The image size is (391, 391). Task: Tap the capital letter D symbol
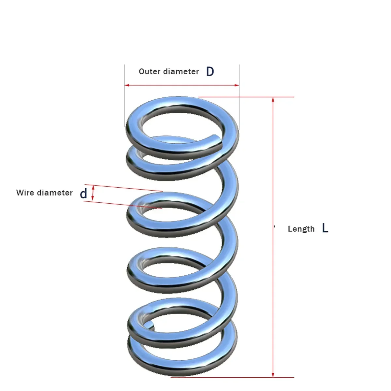pyautogui.click(x=210, y=71)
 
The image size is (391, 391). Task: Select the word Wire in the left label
pyautogui.click(x=25, y=193)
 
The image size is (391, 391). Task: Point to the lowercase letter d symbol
pyautogui.click(x=84, y=194)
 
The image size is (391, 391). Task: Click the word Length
pyautogui.click(x=301, y=229)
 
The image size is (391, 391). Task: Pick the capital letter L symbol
pyautogui.click(x=325, y=228)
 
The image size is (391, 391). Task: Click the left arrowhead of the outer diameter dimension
pyautogui.click(x=127, y=85)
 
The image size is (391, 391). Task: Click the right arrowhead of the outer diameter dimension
pyautogui.click(x=237, y=85)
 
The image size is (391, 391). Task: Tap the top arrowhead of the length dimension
pyautogui.click(x=273, y=99)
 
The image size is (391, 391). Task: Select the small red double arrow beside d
pyautogui.click(x=93, y=193)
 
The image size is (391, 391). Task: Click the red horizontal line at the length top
pyautogui.click(x=248, y=97)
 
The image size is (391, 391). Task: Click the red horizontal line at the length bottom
pyautogui.click(x=231, y=378)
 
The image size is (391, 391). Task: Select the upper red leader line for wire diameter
pyautogui.click(x=124, y=188)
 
